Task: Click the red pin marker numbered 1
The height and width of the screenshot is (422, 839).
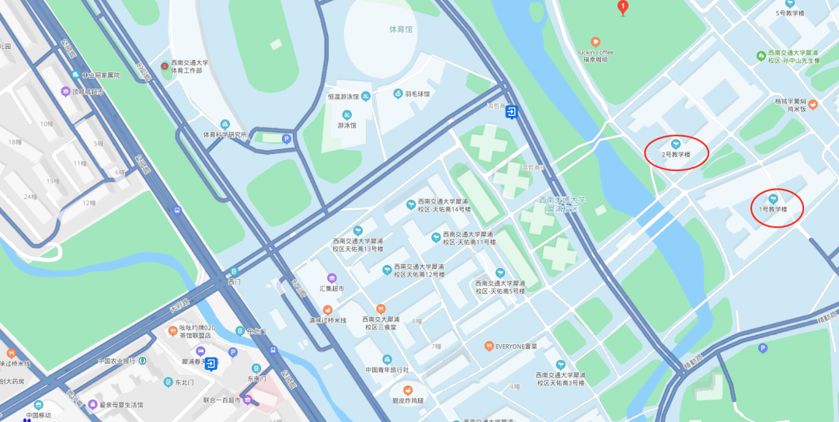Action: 622,8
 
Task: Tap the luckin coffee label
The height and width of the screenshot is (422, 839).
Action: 595,53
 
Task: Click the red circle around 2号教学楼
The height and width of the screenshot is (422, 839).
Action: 677,151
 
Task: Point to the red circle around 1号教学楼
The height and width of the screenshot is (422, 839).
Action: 777,208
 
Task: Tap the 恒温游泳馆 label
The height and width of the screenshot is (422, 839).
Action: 344,96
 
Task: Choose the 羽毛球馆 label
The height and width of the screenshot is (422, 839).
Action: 417,93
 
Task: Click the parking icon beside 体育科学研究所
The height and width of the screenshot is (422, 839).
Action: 287,139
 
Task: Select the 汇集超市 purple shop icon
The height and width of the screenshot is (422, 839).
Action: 332,278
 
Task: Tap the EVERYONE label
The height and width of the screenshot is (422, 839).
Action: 517,346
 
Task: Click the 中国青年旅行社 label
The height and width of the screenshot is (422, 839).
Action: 387,369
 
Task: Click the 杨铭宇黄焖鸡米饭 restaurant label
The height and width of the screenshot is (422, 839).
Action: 795,106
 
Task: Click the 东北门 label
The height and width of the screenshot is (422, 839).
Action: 183,382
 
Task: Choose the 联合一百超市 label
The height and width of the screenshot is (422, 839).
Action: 222,399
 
